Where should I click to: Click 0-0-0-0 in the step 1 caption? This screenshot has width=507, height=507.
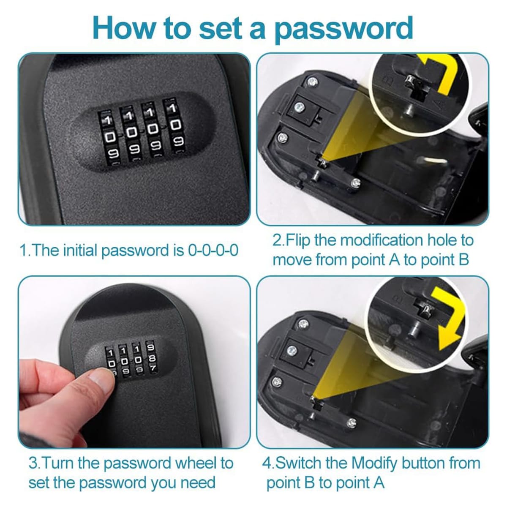coord(213,250)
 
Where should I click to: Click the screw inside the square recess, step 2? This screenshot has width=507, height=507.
coord(300,107)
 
